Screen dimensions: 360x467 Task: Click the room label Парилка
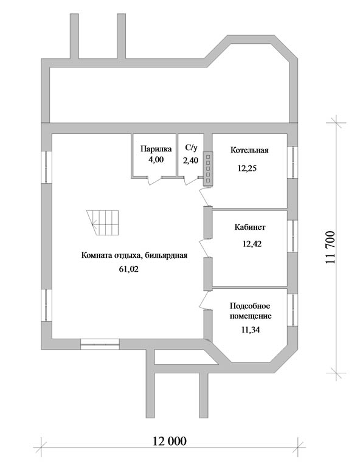(x=156, y=149)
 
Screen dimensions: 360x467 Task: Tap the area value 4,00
(x=156, y=160)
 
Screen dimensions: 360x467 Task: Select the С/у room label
(x=191, y=147)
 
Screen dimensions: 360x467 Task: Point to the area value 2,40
(x=190, y=161)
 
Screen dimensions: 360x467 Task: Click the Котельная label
(x=249, y=150)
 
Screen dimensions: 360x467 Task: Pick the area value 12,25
(x=247, y=168)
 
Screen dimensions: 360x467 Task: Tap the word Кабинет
(x=250, y=227)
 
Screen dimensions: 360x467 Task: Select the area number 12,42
(x=252, y=244)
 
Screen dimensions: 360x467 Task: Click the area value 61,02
(x=129, y=269)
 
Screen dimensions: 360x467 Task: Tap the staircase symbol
(x=103, y=223)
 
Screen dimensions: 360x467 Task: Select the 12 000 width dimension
(x=170, y=441)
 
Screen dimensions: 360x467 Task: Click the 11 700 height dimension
(x=331, y=247)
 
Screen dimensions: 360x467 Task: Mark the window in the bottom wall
(x=100, y=344)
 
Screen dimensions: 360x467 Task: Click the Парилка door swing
(x=154, y=181)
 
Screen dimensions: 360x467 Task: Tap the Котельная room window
(x=292, y=162)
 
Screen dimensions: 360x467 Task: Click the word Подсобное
(x=250, y=306)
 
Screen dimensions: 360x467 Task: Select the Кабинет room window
(x=292, y=236)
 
